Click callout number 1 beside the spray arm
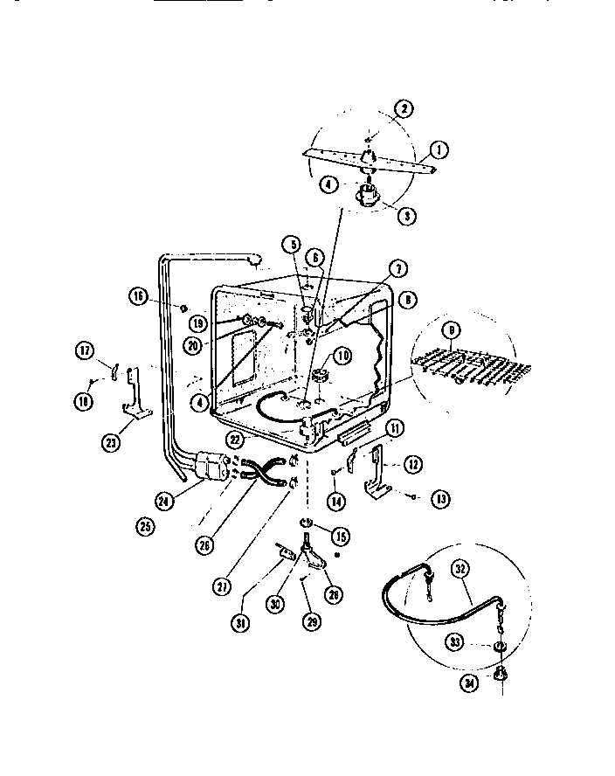[439, 149]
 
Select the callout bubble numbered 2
[403, 109]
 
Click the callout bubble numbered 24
[157, 500]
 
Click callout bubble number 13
[441, 499]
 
